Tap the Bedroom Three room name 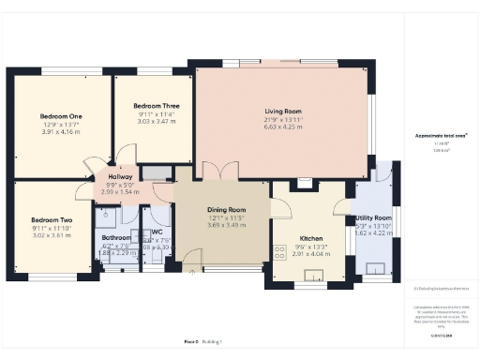pos(153,106)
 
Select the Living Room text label pos(282,111)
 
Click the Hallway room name pos(119,176)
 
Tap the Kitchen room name pos(310,238)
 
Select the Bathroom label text pos(116,237)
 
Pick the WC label pos(157,231)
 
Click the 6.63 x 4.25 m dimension pos(282,127)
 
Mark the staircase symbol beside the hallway pos(157,172)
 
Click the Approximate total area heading pos(442,136)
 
